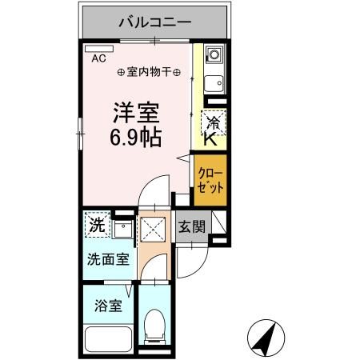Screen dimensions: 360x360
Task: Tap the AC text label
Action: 98,58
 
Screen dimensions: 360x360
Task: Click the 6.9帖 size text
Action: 135,136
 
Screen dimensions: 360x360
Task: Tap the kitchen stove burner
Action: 214,57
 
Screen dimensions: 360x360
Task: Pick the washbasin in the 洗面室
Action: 122,232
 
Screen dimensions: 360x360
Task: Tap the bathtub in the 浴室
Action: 107,336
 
